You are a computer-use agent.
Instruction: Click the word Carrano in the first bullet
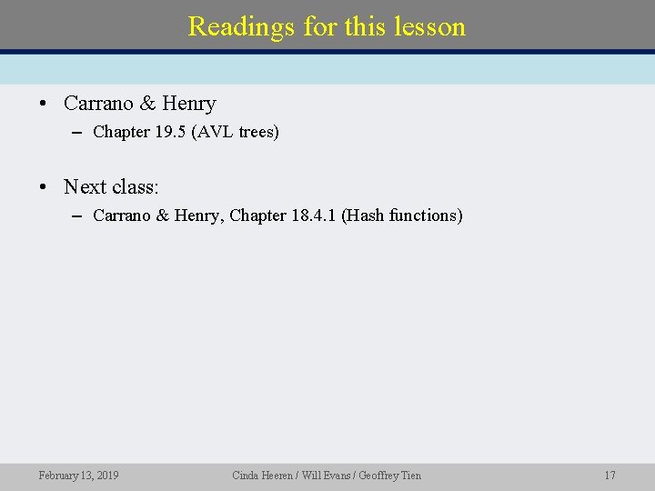point(97,104)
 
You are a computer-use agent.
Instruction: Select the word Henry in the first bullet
point(189,104)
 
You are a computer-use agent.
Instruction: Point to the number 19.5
point(171,132)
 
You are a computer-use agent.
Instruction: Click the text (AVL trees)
point(235,132)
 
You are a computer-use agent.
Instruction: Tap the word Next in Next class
point(84,187)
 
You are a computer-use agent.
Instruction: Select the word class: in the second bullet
point(135,187)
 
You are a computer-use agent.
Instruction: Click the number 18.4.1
point(313,215)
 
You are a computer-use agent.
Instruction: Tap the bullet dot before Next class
point(44,188)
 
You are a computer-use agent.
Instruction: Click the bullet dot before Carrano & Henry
point(44,105)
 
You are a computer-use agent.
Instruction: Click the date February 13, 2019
point(78,475)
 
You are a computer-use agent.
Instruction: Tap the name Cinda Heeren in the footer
point(261,475)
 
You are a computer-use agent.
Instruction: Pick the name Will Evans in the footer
point(323,475)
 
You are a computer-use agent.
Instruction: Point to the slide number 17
point(610,475)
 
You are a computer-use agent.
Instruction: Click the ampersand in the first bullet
point(146,104)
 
